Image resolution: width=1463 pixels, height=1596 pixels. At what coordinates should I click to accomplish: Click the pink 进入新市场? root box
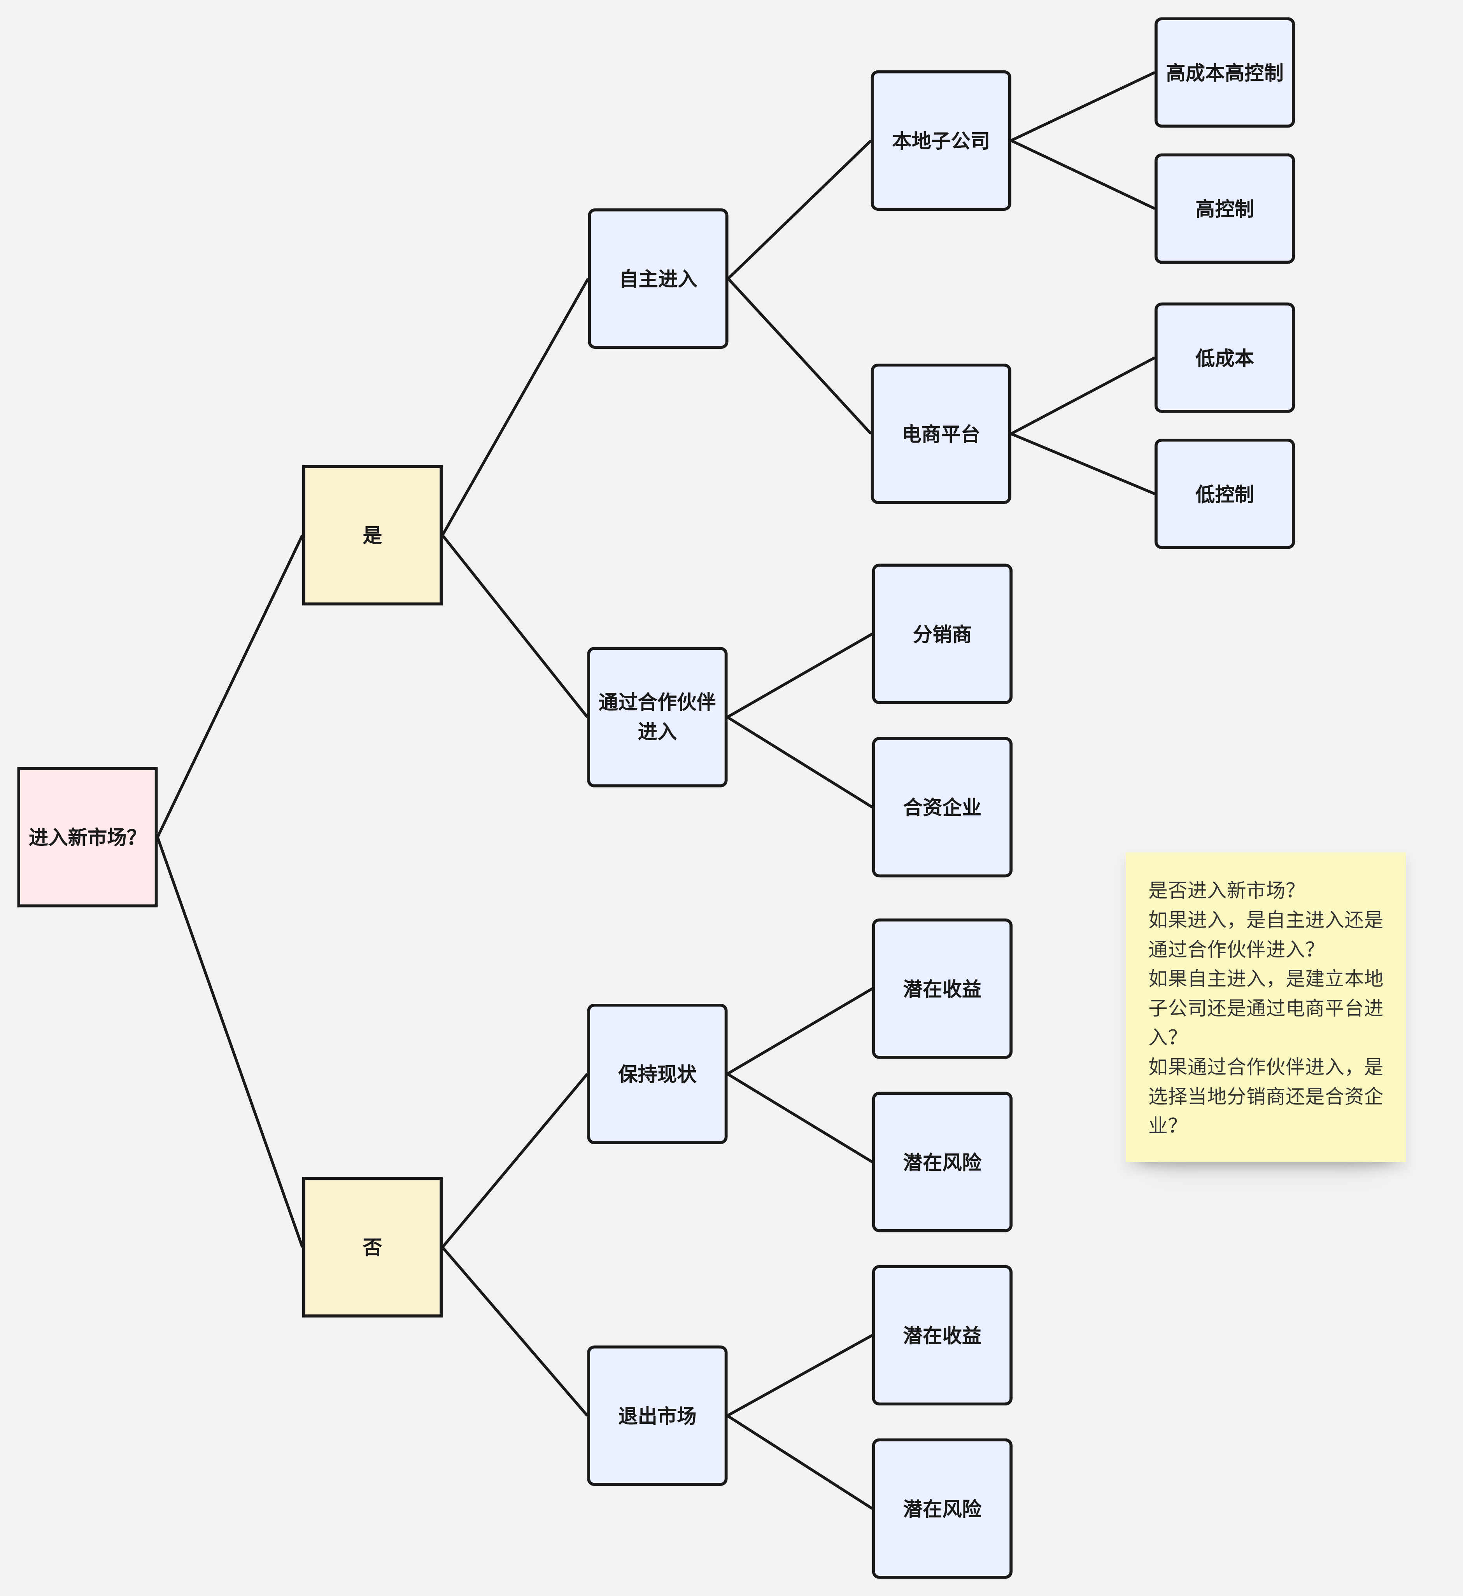click(x=87, y=837)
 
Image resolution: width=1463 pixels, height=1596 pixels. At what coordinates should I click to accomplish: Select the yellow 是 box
click(x=372, y=535)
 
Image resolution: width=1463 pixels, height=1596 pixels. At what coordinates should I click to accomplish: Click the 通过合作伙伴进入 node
click(x=657, y=716)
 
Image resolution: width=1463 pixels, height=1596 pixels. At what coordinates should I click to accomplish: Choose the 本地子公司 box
click(x=941, y=141)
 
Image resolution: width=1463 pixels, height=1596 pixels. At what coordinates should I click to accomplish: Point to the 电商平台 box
click(x=941, y=434)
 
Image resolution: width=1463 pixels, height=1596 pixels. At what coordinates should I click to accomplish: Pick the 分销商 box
click(x=942, y=634)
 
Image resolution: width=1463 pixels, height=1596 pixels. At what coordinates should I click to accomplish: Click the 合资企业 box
click(x=942, y=807)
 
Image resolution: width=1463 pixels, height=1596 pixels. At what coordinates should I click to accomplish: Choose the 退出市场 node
click(x=657, y=1416)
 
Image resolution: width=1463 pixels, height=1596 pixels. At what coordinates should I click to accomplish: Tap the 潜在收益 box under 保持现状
click(x=942, y=989)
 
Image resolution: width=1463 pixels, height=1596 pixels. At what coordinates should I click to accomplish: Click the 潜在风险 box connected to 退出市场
click(x=942, y=1509)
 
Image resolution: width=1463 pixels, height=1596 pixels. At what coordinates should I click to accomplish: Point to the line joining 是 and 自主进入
click(x=515, y=407)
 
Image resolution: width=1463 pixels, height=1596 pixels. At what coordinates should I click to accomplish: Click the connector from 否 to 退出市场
click(x=515, y=1332)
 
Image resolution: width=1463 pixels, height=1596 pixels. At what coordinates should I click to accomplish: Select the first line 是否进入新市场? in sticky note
click(x=1221, y=890)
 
